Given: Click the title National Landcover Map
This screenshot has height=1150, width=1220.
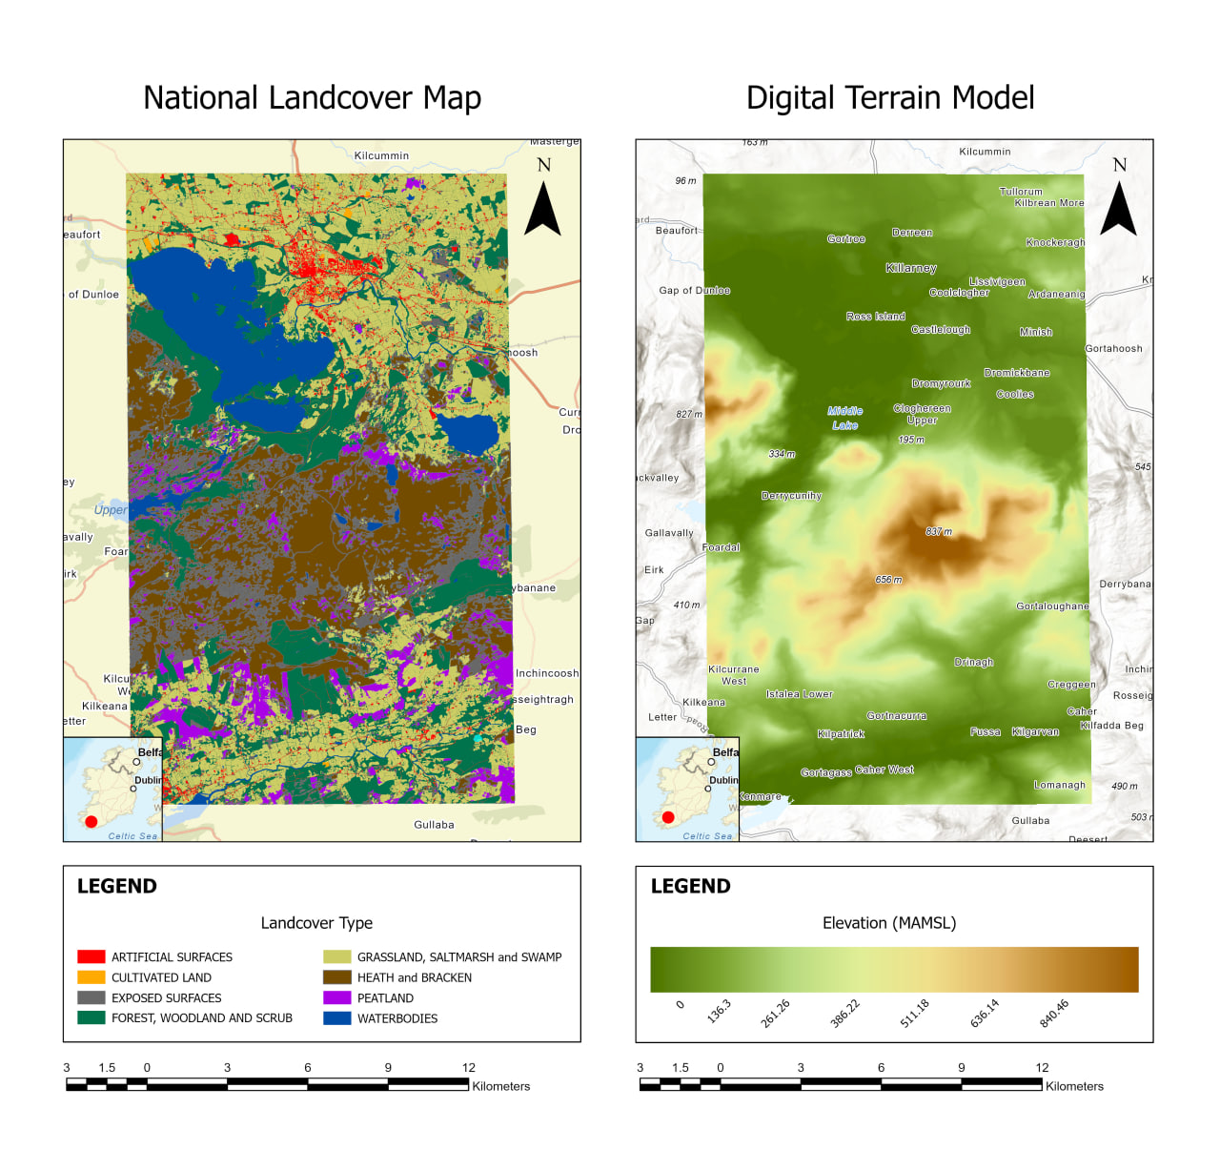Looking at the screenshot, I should [x=312, y=98].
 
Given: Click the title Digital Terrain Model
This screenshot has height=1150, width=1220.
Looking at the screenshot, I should [x=889, y=98].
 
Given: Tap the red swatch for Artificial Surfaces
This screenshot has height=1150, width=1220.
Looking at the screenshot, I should [x=91, y=956].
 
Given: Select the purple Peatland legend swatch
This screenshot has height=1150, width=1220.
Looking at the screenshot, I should [x=337, y=997].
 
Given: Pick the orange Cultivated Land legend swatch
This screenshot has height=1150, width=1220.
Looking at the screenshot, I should [x=91, y=977].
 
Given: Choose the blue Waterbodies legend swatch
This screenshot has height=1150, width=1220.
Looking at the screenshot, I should [x=337, y=1018].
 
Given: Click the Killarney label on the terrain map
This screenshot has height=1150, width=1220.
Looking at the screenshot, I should [x=911, y=268].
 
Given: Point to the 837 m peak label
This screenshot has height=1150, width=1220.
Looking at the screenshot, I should [x=939, y=532].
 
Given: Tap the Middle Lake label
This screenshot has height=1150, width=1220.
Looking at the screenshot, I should [x=845, y=418].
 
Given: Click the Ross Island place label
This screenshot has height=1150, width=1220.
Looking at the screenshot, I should [x=876, y=316].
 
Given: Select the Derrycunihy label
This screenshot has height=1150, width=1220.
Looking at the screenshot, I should [x=791, y=496].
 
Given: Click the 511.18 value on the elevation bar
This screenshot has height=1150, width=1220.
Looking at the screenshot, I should [x=914, y=1014].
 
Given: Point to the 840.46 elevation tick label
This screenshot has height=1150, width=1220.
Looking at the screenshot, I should [x=1053, y=1014].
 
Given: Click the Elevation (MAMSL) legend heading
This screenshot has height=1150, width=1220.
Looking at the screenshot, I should [x=889, y=923].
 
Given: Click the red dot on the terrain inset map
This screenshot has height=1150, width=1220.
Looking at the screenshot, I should [x=668, y=817].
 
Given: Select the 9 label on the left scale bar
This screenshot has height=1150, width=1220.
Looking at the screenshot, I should [x=388, y=1067].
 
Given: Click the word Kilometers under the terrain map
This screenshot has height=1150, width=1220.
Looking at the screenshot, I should [x=1074, y=1086].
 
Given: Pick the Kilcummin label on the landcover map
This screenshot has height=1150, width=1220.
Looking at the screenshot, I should [x=381, y=155].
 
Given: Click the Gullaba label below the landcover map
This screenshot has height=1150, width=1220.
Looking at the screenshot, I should [x=434, y=825].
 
